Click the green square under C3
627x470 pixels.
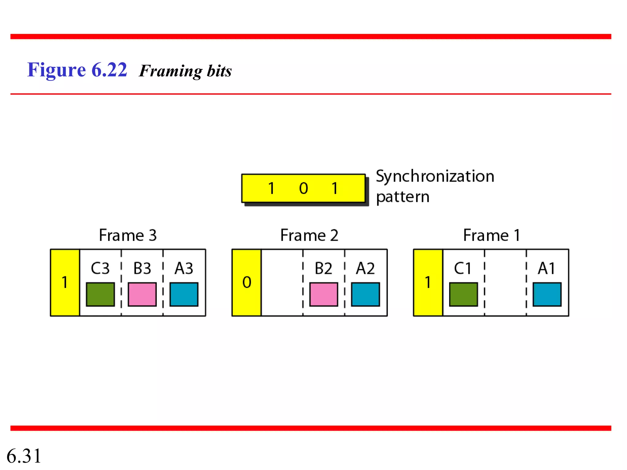coord(100,294)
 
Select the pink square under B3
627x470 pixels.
coord(142,294)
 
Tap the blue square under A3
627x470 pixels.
coord(184,294)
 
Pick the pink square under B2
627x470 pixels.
coord(324,294)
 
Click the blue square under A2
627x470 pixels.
coord(365,294)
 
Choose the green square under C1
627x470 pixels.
coord(463,294)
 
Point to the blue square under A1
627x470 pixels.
coord(547,294)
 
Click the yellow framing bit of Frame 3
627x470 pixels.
coord(65,282)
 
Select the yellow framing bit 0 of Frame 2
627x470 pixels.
coord(246,282)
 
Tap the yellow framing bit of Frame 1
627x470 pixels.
coord(428,282)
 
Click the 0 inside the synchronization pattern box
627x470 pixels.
coord(303,188)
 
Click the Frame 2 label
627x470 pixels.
coord(309,235)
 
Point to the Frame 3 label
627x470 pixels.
coord(128,235)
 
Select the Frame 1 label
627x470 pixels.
coord(491,235)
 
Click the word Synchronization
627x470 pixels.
coord(435,176)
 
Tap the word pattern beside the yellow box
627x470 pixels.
coord(403,197)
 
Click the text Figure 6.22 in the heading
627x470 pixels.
coord(77,70)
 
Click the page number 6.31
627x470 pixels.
coord(24,456)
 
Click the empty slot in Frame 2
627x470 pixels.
coord(282,282)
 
